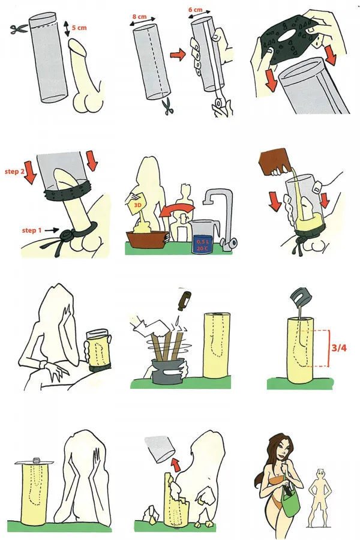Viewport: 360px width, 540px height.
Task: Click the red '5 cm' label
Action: (x=79, y=28)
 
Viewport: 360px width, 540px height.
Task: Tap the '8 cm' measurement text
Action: (x=140, y=17)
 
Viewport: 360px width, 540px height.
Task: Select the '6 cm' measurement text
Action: (x=196, y=10)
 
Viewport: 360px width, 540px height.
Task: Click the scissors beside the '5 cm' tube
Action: (x=19, y=29)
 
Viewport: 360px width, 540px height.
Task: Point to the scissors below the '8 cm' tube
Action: (x=169, y=106)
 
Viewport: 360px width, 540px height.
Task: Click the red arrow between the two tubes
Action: (x=178, y=55)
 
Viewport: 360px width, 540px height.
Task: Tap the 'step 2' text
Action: (x=14, y=171)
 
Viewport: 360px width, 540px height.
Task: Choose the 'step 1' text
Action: (x=32, y=230)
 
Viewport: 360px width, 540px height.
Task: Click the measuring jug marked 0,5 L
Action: (x=202, y=237)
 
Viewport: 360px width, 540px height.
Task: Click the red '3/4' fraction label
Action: (x=339, y=347)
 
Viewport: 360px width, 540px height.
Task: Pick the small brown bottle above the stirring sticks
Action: (x=181, y=299)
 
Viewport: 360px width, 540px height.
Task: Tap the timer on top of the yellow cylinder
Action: (x=36, y=460)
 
